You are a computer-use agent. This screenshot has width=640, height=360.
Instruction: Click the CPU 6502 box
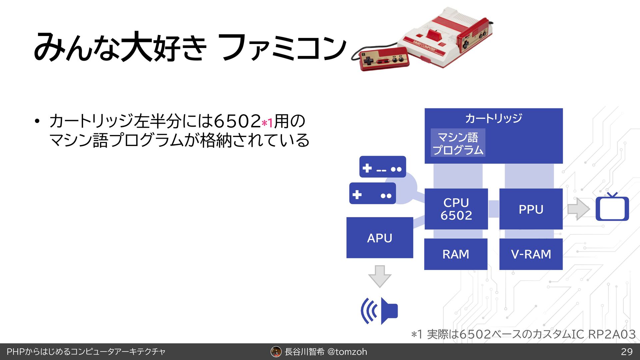[x=456, y=209]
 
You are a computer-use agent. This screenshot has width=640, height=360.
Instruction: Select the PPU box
[x=531, y=209]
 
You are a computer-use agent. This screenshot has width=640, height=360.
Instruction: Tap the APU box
[x=380, y=238]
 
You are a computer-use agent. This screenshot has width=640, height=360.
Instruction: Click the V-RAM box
[x=531, y=254]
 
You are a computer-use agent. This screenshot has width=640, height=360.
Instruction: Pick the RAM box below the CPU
[x=456, y=254]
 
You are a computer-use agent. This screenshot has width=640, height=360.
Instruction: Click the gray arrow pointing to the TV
[x=578, y=209]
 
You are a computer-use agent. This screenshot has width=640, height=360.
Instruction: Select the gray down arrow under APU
[x=379, y=276]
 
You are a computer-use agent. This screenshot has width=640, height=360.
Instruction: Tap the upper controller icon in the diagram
[x=382, y=167]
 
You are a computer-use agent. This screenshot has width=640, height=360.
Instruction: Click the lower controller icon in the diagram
[x=372, y=194]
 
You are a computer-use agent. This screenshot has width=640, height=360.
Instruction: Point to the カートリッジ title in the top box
[x=493, y=118]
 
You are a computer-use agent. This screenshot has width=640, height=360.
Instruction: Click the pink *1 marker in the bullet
[x=267, y=123]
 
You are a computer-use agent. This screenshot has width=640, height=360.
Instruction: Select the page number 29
[x=627, y=352]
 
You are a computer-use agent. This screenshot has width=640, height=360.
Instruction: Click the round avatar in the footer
[x=276, y=352]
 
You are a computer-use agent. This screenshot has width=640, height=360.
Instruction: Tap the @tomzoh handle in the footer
[x=347, y=352]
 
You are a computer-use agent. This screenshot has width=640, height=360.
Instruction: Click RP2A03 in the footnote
[x=612, y=334]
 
